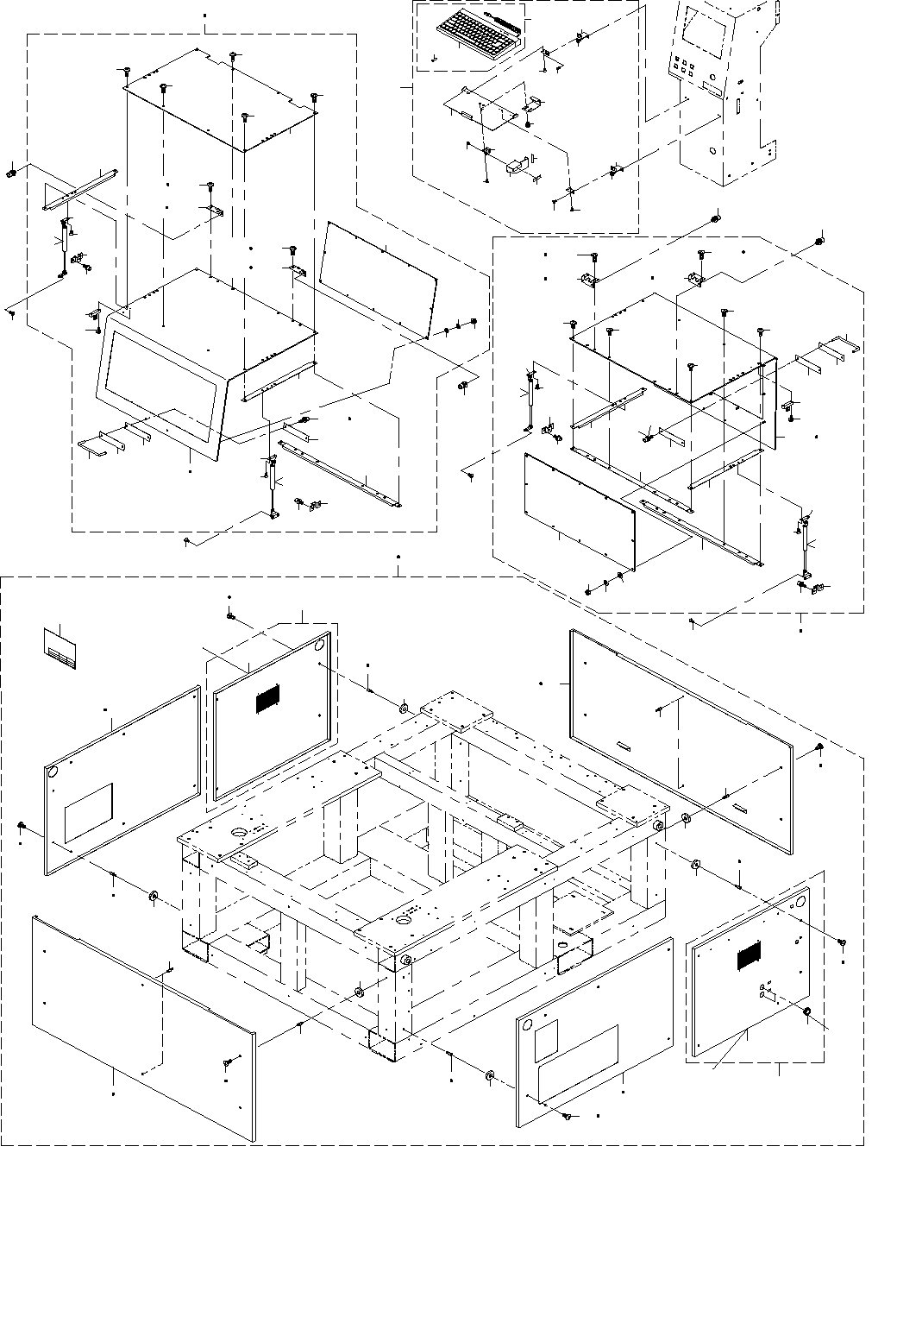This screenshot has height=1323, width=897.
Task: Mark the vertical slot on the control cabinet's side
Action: click(737, 107)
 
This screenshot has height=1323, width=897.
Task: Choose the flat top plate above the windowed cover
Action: click(220, 97)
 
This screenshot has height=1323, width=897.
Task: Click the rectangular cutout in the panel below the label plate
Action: click(89, 811)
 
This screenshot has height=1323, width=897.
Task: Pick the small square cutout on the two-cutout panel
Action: click(547, 1042)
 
